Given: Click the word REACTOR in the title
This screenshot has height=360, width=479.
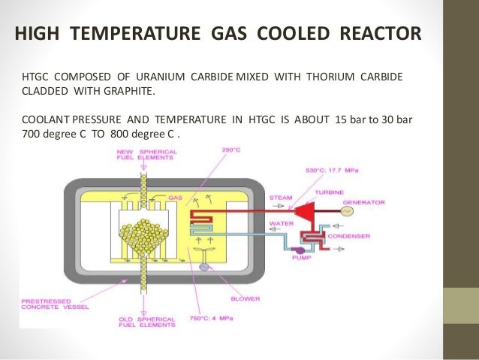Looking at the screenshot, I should click(x=376, y=35).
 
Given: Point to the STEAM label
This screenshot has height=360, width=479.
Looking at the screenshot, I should click(x=282, y=198).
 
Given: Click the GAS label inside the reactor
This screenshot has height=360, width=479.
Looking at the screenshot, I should click(x=176, y=198).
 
